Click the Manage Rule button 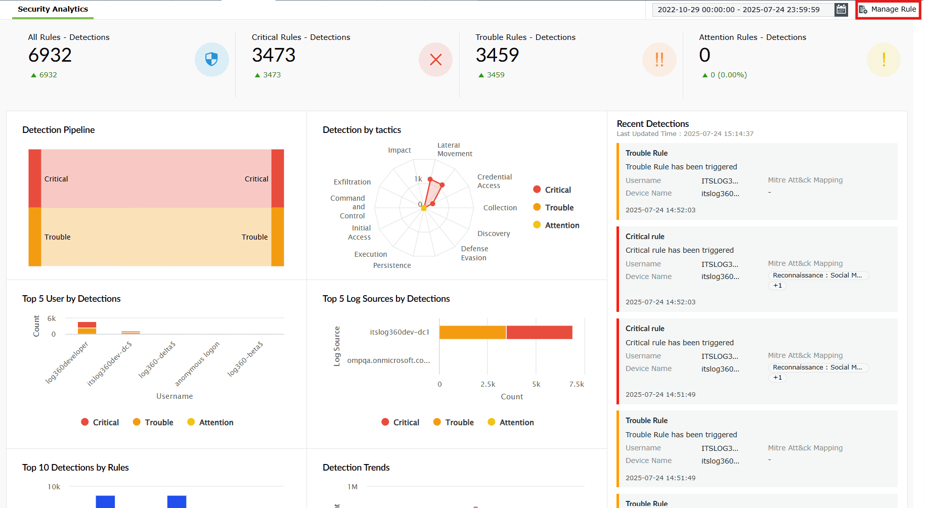(x=888, y=10)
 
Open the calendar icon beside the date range (x=841, y=10)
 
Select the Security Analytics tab (x=53, y=9)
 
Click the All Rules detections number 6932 (x=50, y=55)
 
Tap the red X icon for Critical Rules (x=435, y=60)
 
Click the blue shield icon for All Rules (x=211, y=60)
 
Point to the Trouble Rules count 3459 (x=497, y=55)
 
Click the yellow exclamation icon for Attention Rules (x=883, y=60)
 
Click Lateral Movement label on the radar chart (x=454, y=150)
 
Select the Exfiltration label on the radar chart (x=352, y=182)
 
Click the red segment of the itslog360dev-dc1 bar (x=539, y=332)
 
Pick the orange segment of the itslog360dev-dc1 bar (x=472, y=332)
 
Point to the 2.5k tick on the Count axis (x=488, y=384)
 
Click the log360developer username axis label (x=67, y=362)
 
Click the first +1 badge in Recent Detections (x=777, y=286)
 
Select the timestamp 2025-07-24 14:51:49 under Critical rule (x=660, y=395)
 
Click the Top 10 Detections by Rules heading (x=75, y=468)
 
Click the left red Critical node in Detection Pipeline (x=35, y=178)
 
